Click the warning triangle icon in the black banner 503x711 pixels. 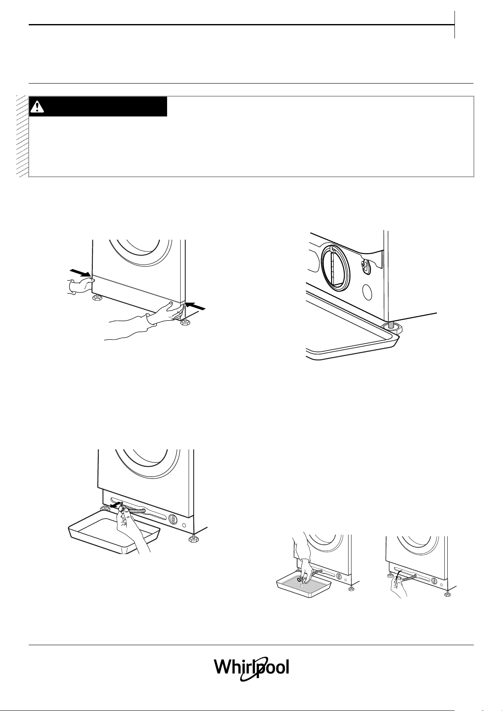tap(37, 107)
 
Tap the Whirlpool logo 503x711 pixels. tap(251, 667)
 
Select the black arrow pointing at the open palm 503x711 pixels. tap(195, 305)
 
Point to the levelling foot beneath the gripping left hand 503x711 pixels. tap(95, 298)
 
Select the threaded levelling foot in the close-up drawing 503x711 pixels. tap(391, 329)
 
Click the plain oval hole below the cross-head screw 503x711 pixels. tap(368, 292)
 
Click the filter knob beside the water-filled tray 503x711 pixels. tap(338, 576)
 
